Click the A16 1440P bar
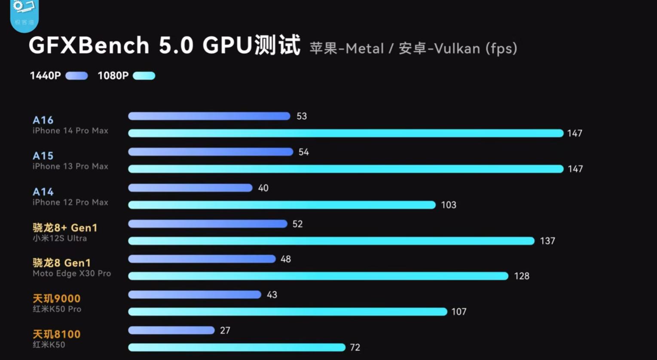(x=209, y=116)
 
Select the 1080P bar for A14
(x=282, y=205)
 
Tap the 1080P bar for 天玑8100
(x=237, y=347)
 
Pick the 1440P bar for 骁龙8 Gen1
(x=202, y=259)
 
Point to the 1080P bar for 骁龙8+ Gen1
(x=331, y=241)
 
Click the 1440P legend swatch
(x=76, y=76)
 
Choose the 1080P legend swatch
(x=144, y=76)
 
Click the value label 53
(x=302, y=116)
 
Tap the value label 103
(x=449, y=205)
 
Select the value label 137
(x=547, y=241)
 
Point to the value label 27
(x=225, y=330)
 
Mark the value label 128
(x=522, y=276)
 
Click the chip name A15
(x=43, y=156)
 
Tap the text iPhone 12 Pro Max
(x=70, y=202)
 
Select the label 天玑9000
(x=57, y=299)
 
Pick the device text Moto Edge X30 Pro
(x=72, y=274)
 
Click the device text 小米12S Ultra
(x=60, y=238)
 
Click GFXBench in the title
(x=89, y=46)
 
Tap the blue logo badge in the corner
(x=24, y=15)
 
